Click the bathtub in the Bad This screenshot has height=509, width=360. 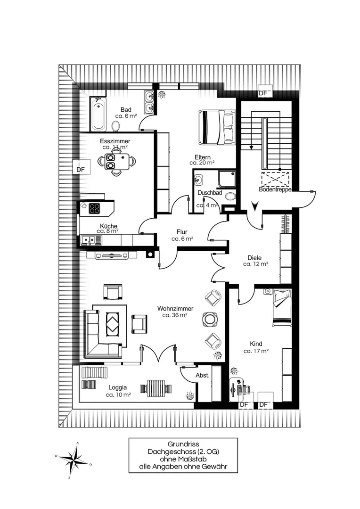pos(98,114)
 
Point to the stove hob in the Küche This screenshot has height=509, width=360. pos(95,208)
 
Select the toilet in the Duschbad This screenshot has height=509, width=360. pos(230,197)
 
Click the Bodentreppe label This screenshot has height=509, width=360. pos(275,189)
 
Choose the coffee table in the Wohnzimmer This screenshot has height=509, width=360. pos(113,323)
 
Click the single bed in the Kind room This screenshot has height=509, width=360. pos(282,307)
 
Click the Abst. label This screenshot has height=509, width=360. pos(202,375)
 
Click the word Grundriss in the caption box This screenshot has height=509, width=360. pos(183,444)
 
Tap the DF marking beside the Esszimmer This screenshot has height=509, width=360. pos(81,169)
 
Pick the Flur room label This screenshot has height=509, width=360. pos(182,232)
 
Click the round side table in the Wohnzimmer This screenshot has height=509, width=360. pos(209,319)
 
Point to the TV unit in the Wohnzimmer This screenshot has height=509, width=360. pos(111,255)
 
